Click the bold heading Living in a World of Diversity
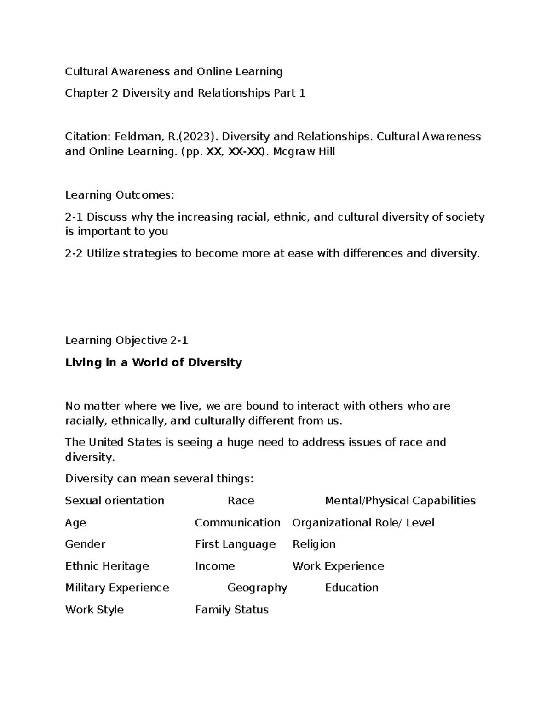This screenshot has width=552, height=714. click(x=153, y=362)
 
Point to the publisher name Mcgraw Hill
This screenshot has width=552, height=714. click(x=304, y=151)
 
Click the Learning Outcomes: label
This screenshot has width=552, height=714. click(x=120, y=195)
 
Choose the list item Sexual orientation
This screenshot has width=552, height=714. click(x=115, y=500)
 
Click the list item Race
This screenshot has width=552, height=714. click(x=241, y=500)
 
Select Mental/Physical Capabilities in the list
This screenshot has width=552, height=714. click(x=400, y=500)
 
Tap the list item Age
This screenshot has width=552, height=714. click(x=75, y=523)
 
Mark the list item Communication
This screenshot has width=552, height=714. click(x=237, y=523)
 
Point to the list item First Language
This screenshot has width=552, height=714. click(x=235, y=544)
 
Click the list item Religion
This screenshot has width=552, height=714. click(x=314, y=544)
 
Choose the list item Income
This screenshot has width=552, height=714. click(x=215, y=566)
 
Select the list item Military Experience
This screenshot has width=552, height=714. click(x=117, y=588)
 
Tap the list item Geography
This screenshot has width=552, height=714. click(x=257, y=588)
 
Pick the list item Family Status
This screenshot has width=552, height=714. click(x=231, y=610)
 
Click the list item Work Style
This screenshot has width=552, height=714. click(x=94, y=610)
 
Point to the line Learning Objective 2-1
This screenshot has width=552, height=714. click(x=126, y=340)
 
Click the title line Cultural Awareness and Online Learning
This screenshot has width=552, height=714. click(x=173, y=71)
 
